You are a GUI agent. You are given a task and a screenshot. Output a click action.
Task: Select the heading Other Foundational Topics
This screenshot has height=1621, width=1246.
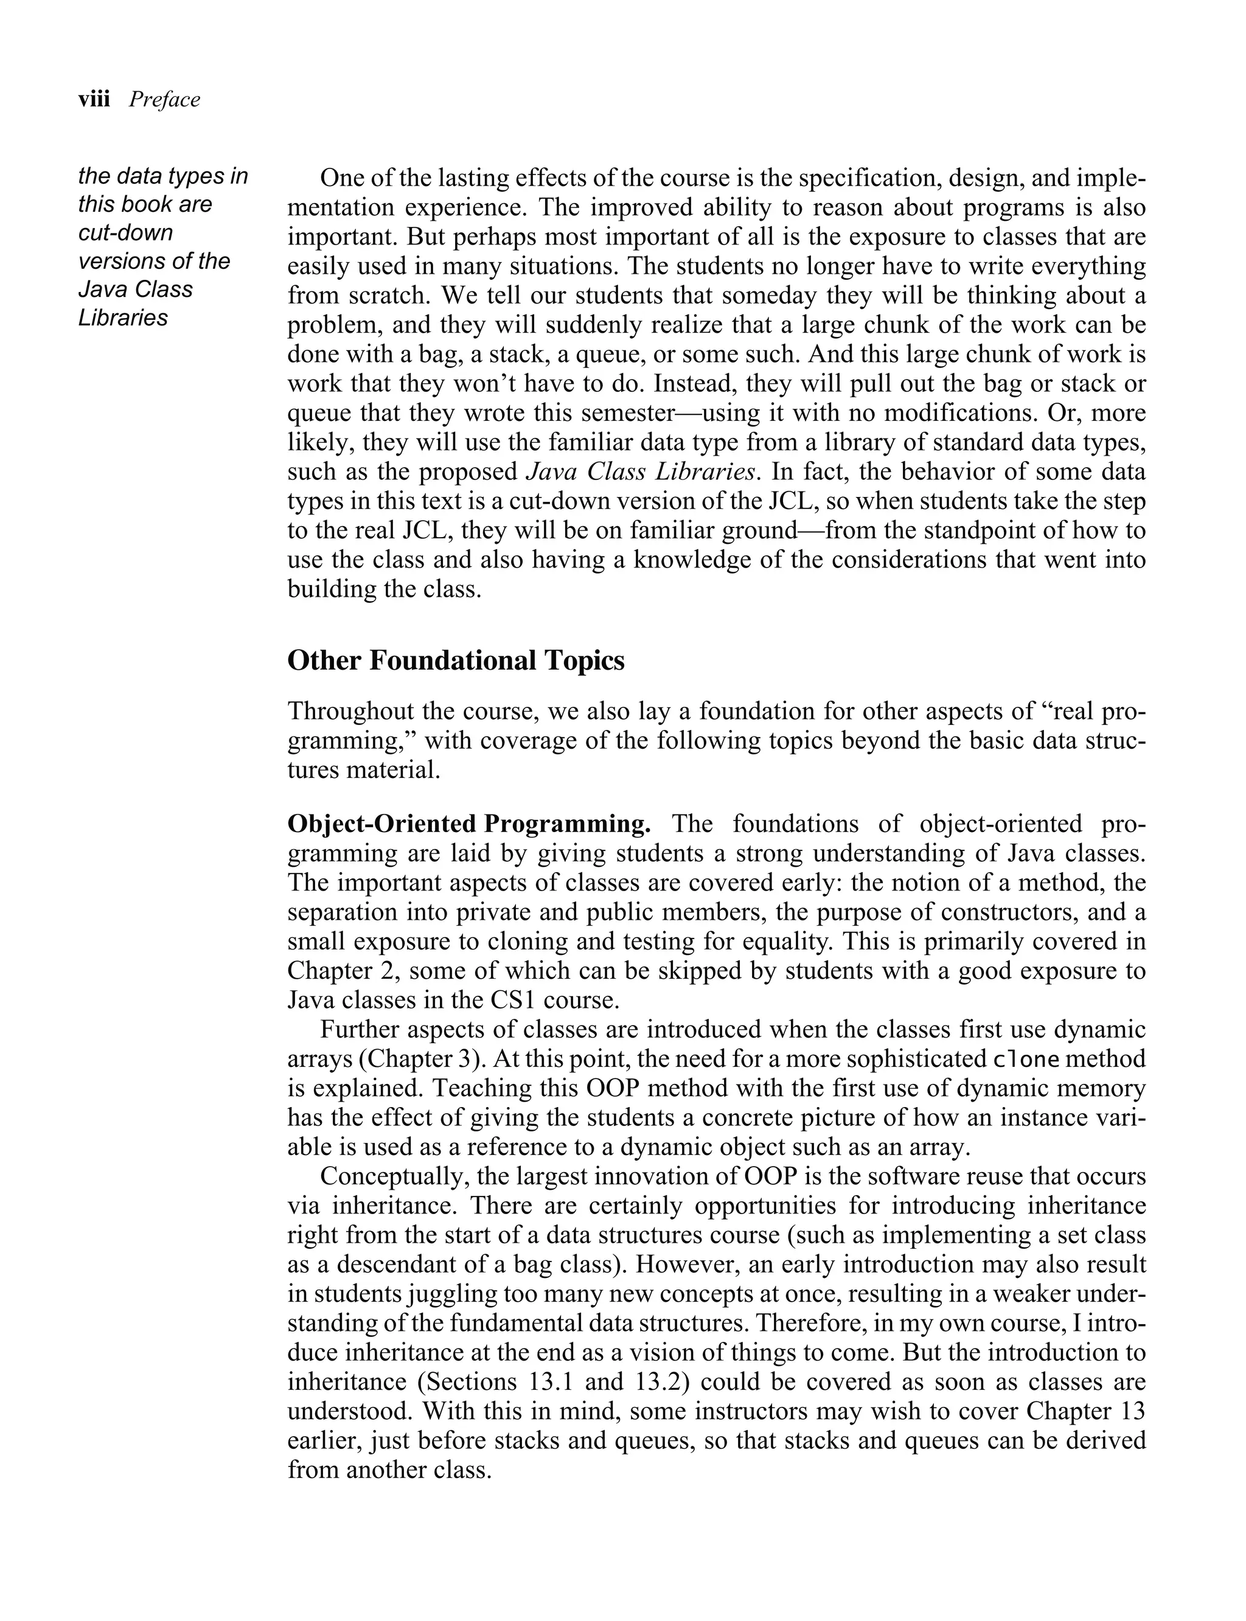pos(455,660)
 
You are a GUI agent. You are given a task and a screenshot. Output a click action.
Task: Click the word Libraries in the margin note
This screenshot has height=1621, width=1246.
pos(123,318)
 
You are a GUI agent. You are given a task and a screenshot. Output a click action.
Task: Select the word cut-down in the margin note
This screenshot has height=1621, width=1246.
pos(125,233)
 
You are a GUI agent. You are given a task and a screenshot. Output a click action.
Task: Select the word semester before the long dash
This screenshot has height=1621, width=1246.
pos(638,413)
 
